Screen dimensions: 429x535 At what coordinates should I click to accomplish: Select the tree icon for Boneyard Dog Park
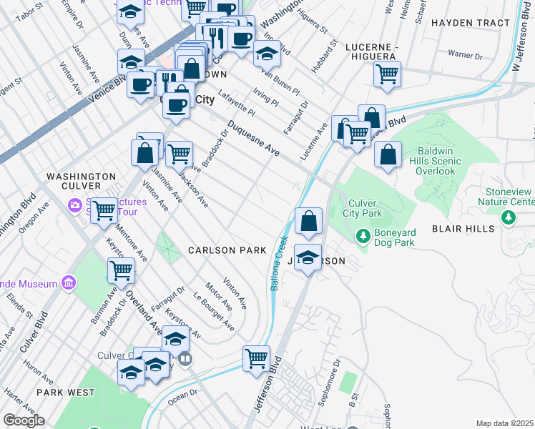pyautogui.click(x=363, y=235)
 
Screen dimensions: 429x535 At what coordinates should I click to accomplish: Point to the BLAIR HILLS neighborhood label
pyautogui.click(x=462, y=228)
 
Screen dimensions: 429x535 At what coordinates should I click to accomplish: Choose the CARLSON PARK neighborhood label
pyautogui.click(x=227, y=250)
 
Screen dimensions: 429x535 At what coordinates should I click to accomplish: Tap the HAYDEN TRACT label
pyautogui.click(x=471, y=23)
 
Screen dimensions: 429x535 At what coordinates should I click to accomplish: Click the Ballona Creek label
pyautogui.click(x=278, y=262)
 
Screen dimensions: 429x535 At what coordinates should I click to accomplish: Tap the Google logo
pyautogui.click(x=24, y=420)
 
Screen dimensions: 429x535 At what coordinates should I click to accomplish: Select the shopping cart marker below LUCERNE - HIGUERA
pyautogui.click(x=387, y=74)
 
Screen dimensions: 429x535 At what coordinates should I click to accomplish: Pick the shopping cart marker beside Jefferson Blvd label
pyautogui.click(x=257, y=357)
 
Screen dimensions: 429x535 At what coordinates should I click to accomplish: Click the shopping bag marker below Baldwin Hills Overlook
pyautogui.click(x=388, y=154)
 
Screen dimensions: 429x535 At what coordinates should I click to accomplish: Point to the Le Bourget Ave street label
pyautogui.click(x=214, y=312)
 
